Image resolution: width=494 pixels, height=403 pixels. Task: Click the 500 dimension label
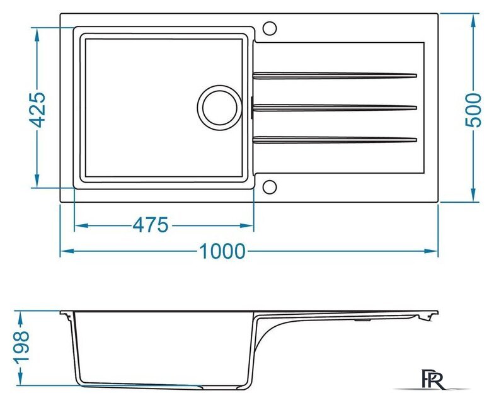tap(473, 110)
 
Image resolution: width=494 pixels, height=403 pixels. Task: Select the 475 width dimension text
tap(150, 225)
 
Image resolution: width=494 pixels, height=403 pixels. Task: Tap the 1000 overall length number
tap(222, 251)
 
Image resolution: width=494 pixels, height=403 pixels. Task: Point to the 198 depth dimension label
tap(23, 346)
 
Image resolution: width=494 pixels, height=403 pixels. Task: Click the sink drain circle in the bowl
tap(220, 108)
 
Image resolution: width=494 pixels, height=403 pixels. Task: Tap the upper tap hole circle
tap(270, 28)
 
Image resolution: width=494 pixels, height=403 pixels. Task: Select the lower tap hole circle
tap(270, 187)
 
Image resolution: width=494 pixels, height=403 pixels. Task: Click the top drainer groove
tap(335, 76)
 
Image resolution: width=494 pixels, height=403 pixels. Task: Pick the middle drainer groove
tap(335, 108)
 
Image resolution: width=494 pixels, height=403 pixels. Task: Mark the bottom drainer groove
tap(335, 140)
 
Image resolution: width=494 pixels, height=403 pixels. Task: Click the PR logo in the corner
tap(434, 379)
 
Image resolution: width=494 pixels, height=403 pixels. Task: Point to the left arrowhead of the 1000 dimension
tap(67, 251)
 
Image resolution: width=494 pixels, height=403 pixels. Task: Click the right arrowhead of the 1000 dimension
tap(431, 251)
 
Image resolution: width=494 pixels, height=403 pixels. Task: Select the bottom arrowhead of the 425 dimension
tap(37, 181)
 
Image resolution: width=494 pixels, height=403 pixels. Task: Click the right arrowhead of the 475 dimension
tap(247, 225)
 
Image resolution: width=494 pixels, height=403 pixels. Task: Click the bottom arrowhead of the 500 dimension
tap(473, 195)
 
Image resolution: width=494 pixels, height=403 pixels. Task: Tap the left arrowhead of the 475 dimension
tap(81, 225)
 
